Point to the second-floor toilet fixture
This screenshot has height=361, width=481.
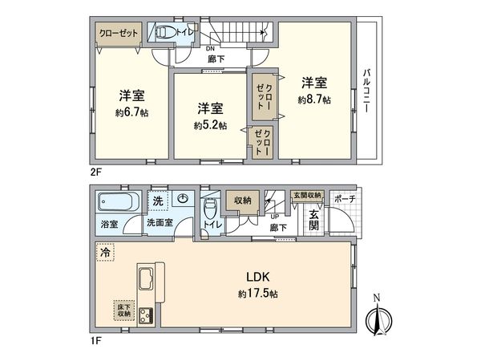pyautogui.click(x=164, y=33)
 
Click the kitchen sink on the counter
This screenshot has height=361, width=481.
pyautogui.click(x=148, y=282)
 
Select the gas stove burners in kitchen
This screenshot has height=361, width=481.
pyautogui.click(x=148, y=315)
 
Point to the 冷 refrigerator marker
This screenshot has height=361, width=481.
pyautogui.click(x=104, y=252)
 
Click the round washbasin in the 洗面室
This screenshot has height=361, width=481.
pyautogui.click(x=184, y=199)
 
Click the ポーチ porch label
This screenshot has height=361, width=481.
pyautogui.click(x=345, y=197)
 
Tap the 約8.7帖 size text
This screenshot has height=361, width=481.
pyautogui.click(x=313, y=99)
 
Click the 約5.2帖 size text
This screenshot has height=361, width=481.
pyautogui.click(x=209, y=125)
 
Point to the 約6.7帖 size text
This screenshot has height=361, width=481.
pyautogui.click(x=131, y=113)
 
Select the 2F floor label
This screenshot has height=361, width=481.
pyautogui.click(x=96, y=170)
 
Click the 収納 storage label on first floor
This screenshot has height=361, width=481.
pyautogui.click(x=242, y=201)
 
